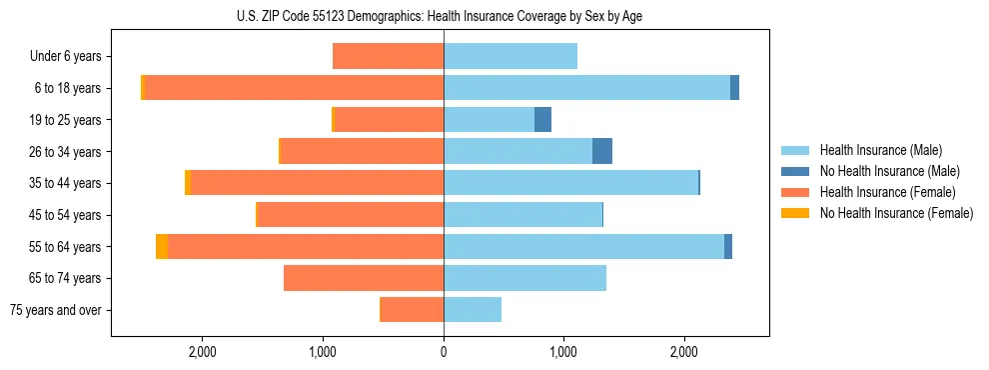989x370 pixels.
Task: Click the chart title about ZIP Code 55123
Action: pos(445,16)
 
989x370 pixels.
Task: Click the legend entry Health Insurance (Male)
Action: pos(879,150)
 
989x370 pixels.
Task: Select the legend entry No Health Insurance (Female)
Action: pos(896,213)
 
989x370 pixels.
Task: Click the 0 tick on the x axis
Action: pos(444,352)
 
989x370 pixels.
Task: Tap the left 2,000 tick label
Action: pos(203,352)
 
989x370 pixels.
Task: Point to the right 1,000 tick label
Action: pos(563,352)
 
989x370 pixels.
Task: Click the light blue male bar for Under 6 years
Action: pos(510,56)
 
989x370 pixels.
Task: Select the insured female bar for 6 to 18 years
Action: pos(295,88)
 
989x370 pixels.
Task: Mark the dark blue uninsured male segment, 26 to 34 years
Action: pos(602,151)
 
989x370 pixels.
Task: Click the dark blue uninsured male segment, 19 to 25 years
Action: pos(542,120)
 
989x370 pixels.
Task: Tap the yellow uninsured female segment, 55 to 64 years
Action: pos(162,247)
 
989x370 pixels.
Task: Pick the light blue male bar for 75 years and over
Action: pos(473,310)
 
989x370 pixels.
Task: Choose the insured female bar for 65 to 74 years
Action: pos(364,278)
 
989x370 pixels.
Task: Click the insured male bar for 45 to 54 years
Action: pos(522,215)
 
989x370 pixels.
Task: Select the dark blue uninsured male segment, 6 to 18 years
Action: pos(734,88)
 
